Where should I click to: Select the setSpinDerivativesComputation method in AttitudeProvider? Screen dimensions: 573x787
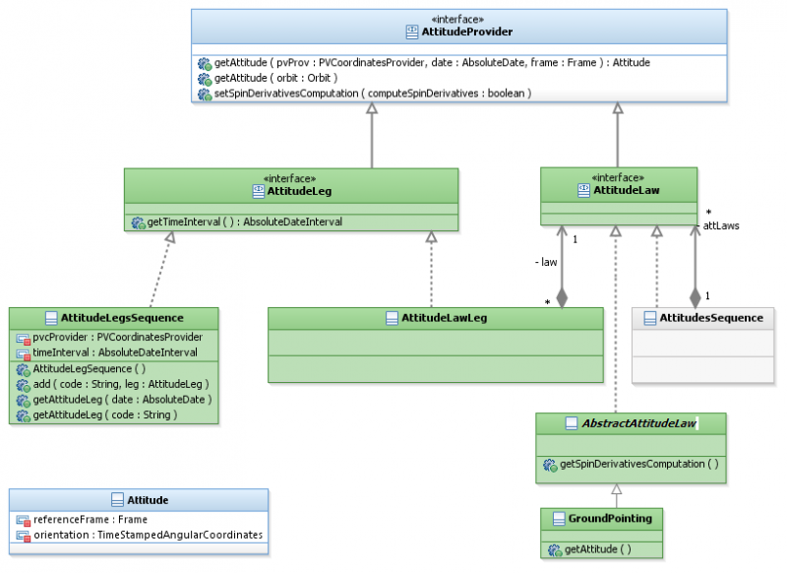(x=373, y=94)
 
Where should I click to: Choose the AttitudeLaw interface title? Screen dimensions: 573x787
(x=626, y=191)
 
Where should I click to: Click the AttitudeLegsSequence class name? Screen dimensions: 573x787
(x=122, y=318)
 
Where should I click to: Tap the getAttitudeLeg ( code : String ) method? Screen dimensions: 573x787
(x=104, y=414)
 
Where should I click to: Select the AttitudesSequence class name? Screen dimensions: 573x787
(x=709, y=318)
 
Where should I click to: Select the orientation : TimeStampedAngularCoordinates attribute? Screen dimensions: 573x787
(x=148, y=535)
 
